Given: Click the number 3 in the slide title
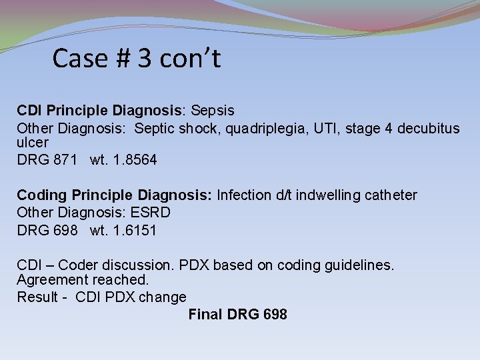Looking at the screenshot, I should pyautogui.click(x=144, y=59).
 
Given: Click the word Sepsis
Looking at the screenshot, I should pyautogui.click(x=211, y=110).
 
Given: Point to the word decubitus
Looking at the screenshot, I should pyautogui.click(x=428, y=128).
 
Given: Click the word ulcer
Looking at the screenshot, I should pyautogui.click(x=33, y=143).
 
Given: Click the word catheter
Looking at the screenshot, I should pyautogui.click(x=389, y=195).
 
